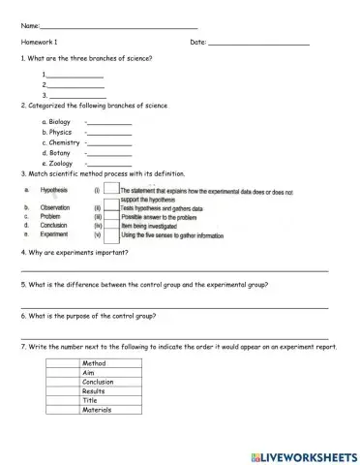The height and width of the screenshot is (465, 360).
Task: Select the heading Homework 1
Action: pos(40,43)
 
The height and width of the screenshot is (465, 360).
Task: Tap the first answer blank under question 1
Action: pos(75,76)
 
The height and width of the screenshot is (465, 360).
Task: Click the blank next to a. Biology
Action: pos(109,123)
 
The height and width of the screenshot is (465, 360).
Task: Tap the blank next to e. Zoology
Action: pos(109,165)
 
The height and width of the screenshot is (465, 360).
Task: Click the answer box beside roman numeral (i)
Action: pos(110,190)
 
